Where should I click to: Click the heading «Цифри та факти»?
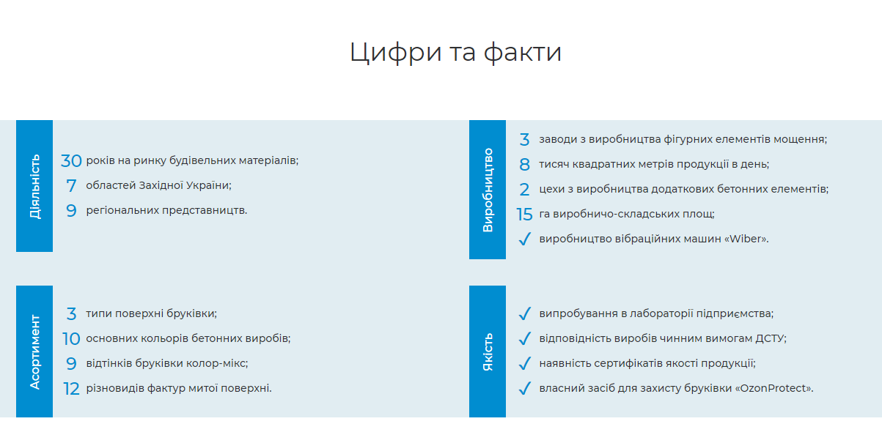(x=455, y=52)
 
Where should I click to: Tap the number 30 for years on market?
(x=71, y=161)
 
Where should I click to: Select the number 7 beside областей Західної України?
(x=71, y=186)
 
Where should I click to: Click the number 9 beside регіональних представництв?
(x=71, y=210)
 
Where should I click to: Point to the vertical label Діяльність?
(x=34, y=186)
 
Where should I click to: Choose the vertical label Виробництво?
(x=488, y=190)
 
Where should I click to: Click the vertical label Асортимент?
(x=34, y=352)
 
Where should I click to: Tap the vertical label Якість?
(x=488, y=352)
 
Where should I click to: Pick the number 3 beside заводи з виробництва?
(x=524, y=140)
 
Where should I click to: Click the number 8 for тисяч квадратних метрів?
(x=524, y=165)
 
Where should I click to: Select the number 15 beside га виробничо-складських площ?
(x=524, y=215)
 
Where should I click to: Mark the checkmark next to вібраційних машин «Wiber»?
(x=525, y=239)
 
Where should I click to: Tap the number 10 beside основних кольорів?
(x=71, y=338)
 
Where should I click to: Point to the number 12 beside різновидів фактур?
(x=71, y=389)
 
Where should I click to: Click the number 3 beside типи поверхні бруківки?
(x=71, y=314)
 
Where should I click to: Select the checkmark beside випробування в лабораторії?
(x=525, y=313)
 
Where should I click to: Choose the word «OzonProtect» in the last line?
(x=773, y=388)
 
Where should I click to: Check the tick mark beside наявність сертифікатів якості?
(x=525, y=363)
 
